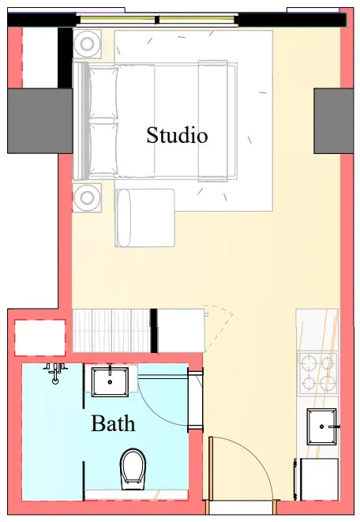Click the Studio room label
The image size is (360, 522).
tap(177, 135)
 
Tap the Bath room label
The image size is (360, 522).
tap(113, 423)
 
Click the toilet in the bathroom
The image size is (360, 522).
tap(133, 469)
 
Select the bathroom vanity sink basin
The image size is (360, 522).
tap(110, 382)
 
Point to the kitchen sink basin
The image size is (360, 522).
tap(321, 426)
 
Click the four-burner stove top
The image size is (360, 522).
tap(317, 373)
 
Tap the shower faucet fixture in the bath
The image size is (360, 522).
tap(55, 372)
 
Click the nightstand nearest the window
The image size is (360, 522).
tap(87, 44)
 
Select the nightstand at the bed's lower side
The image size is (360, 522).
tap(87, 197)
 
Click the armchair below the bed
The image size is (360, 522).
tap(144, 218)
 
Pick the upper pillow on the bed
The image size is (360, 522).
tap(103, 92)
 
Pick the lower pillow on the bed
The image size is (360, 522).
tap(103, 149)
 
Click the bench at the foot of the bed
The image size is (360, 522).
tap(213, 121)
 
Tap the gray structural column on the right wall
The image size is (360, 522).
tap(333, 121)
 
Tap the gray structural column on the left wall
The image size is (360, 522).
tap(40, 121)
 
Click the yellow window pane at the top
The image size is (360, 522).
tap(156, 20)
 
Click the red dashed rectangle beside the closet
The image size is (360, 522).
tap(40, 337)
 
